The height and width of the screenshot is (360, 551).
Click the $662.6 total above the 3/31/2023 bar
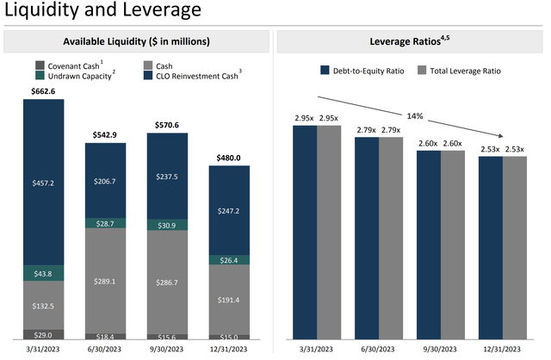(x=44, y=91)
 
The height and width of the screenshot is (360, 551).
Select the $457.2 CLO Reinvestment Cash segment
(x=44, y=183)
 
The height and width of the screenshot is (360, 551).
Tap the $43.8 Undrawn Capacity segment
(x=44, y=273)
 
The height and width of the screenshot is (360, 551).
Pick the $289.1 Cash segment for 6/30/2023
(x=106, y=281)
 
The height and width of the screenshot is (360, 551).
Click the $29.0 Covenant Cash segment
(x=44, y=333)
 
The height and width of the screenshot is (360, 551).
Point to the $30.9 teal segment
(x=168, y=225)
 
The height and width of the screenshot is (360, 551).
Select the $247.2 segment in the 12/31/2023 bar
(x=229, y=210)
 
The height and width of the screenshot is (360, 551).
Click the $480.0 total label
(x=229, y=158)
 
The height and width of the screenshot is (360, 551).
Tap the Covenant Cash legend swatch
(x=40, y=65)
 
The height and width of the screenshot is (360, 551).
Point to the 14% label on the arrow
(x=415, y=115)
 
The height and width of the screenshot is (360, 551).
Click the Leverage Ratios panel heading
(x=412, y=41)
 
